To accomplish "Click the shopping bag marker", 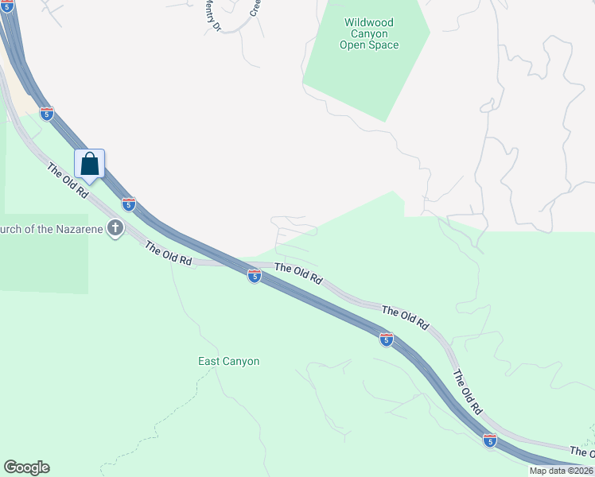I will click(x=90, y=164).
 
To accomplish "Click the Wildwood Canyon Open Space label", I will click(x=369, y=34).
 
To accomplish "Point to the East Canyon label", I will click(x=228, y=361).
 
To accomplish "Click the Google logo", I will click(x=26, y=467).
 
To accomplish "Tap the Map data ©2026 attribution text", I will click(x=561, y=471).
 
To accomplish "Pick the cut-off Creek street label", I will click(x=255, y=7).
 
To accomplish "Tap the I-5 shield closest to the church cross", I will click(x=129, y=203).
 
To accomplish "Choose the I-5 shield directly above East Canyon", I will click(x=254, y=276).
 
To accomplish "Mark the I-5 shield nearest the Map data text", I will click(x=489, y=440).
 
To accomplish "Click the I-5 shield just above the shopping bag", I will click(x=47, y=114).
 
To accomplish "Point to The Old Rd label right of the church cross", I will click(x=169, y=254).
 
